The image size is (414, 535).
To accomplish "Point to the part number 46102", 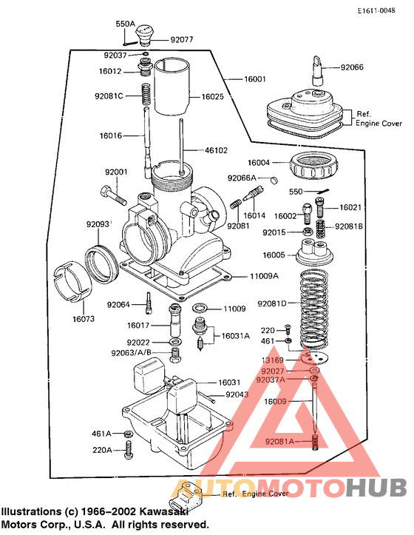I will [216, 150].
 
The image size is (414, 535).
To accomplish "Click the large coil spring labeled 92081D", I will [317, 304].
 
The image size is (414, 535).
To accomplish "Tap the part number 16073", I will [84, 320].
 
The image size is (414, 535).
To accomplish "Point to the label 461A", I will [101, 434].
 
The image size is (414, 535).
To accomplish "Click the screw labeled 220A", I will [130, 448].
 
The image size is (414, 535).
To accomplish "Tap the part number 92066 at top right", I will [352, 67].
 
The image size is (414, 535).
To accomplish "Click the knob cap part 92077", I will [143, 33].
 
